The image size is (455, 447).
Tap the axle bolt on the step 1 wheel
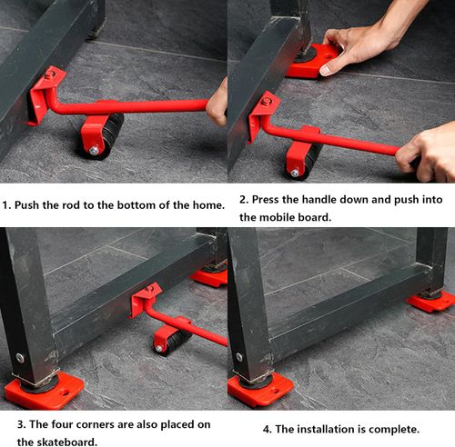[x=94, y=150]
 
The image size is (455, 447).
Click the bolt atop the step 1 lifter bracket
[x=50, y=74]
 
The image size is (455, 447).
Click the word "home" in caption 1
[x=207, y=205]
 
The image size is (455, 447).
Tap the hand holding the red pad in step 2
[x=361, y=45]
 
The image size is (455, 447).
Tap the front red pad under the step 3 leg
[x=45, y=390]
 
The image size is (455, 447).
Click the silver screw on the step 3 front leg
[x=20, y=358]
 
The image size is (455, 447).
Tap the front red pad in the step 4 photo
[x=260, y=391]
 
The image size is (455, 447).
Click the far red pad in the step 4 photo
[x=431, y=302]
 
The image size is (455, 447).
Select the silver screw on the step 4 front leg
[x=239, y=357]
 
